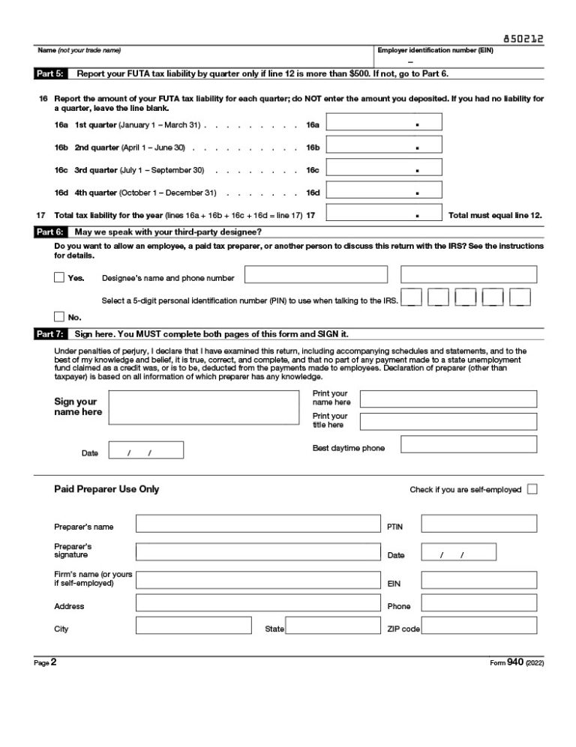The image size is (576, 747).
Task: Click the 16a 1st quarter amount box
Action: (x=383, y=122)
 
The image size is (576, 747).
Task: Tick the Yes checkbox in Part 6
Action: (x=59, y=277)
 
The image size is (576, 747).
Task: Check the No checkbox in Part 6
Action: (x=59, y=316)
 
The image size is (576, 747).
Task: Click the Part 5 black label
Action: (x=49, y=74)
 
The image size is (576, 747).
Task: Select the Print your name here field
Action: (x=448, y=398)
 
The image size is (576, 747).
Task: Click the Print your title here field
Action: (x=448, y=421)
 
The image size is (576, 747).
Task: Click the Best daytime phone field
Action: (x=469, y=444)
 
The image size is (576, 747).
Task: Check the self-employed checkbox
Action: (x=532, y=489)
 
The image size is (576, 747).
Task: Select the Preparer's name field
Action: (x=257, y=523)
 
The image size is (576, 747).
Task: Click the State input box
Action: (x=333, y=626)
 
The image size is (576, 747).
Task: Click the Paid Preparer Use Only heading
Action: (x=106, y=489)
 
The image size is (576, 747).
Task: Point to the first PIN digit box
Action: (x=412, y=297)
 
